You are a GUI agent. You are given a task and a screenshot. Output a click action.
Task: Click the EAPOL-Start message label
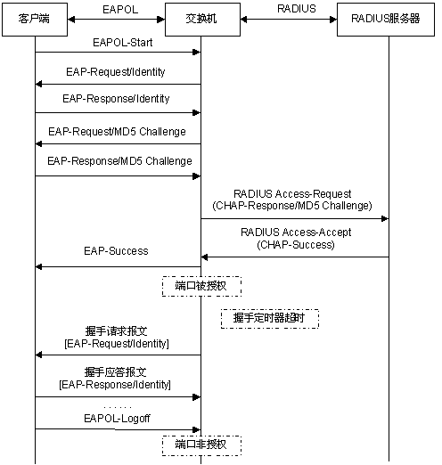pos(123,43)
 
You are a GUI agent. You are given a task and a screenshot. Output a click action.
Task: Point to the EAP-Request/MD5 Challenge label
pos(117,132)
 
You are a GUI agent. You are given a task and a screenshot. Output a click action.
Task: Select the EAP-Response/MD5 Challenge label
pos(119,161)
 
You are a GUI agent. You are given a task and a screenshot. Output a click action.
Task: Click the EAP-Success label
pos(116,251)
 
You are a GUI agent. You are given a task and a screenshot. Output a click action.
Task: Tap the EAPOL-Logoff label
pos(117,419)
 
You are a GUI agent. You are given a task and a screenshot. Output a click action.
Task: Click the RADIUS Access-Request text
pos(292,194)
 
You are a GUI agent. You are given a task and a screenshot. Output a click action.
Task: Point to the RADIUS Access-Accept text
pos(296,232)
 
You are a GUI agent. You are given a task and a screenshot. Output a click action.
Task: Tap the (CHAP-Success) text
pos(296,245)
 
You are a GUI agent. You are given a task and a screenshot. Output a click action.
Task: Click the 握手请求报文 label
pos(116,331)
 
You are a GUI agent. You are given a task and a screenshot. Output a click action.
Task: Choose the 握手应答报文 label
pos(115,372)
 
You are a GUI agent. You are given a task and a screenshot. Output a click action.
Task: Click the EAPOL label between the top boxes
pos(120,10)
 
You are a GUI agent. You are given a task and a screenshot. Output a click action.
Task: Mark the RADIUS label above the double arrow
pos(297,9)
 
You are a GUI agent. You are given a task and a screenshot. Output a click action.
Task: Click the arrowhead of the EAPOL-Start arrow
pos(197,53)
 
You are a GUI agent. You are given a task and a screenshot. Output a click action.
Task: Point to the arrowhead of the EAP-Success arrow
pos(39,266)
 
